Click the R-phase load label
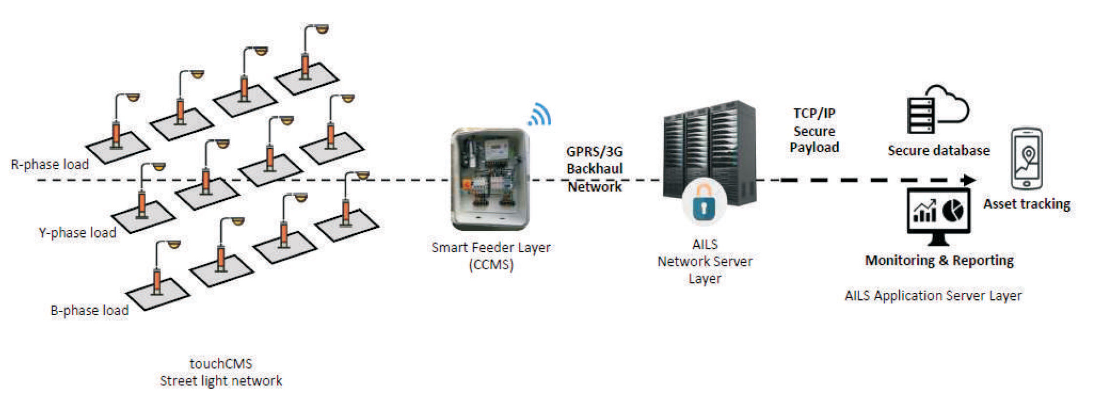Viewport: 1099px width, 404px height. [x=50, y=164]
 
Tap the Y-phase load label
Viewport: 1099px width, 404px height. [x=78, y=233]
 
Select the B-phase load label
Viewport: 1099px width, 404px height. [x=89, y=310]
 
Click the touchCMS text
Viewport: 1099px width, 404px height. [x=221, y=364]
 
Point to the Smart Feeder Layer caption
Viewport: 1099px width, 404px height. [x=491, y=247]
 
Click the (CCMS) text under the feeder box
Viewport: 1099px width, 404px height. [x=491, y=265]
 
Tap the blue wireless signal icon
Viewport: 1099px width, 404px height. [x=540, y=115]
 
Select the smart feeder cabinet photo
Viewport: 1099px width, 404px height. [x=490, y=179]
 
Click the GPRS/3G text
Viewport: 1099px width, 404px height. [x=594, y=151]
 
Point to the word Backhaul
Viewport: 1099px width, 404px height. [x=594, y=169]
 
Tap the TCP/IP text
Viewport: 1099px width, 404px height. [x=814, y=113]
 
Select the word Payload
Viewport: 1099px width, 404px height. [x=814, y=147]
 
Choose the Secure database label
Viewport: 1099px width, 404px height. [x=938, y=150]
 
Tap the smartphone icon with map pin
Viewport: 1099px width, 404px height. [x=1026, y=159]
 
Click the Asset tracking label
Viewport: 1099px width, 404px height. [x=1026, y=204]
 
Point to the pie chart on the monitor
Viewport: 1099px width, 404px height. [x=953, y=210]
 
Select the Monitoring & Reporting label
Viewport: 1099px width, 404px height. [x=939, y=261]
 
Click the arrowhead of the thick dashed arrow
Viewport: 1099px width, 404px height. [x=969, y=180]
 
